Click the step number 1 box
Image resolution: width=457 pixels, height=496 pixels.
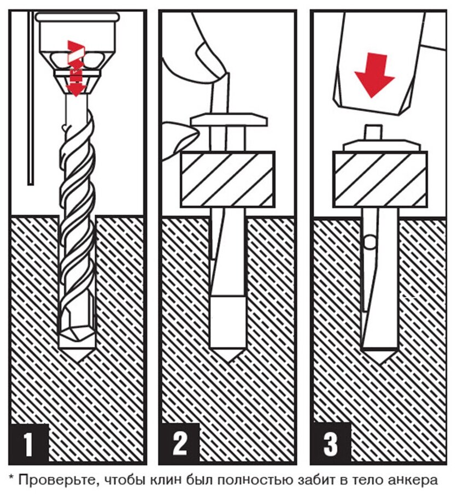point(28,444)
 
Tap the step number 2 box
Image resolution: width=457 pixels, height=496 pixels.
point(179,444)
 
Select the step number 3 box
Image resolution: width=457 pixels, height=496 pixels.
point(331,444)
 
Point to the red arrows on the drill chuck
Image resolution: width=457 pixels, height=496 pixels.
point(75,68)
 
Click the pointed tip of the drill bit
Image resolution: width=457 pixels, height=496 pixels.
point(77,360)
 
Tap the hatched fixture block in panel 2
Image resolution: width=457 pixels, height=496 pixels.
point(227,179)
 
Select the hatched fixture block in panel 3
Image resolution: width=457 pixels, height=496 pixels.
point(380,179)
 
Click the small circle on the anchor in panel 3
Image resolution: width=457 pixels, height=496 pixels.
point(370,242)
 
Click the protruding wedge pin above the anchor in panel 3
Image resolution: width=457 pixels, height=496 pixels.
point(373,132)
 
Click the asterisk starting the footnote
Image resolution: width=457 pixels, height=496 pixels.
point(12,477)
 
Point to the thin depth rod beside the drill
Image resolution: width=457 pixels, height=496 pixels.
point(31,98)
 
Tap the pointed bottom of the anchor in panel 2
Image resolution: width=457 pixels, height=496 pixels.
point(227,355)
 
